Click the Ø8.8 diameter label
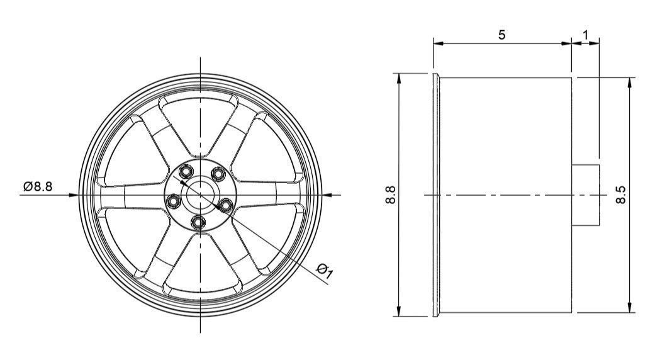click(38, 186)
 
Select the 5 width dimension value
click(501, 35)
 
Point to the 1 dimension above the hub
click(585, 35)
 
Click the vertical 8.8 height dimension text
click(390, 194)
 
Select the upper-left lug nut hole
click(186, 171)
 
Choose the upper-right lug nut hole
click(217, 173)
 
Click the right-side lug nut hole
click(225, 203)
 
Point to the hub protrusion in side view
click(585, 194)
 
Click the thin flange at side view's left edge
click(435, 194)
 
